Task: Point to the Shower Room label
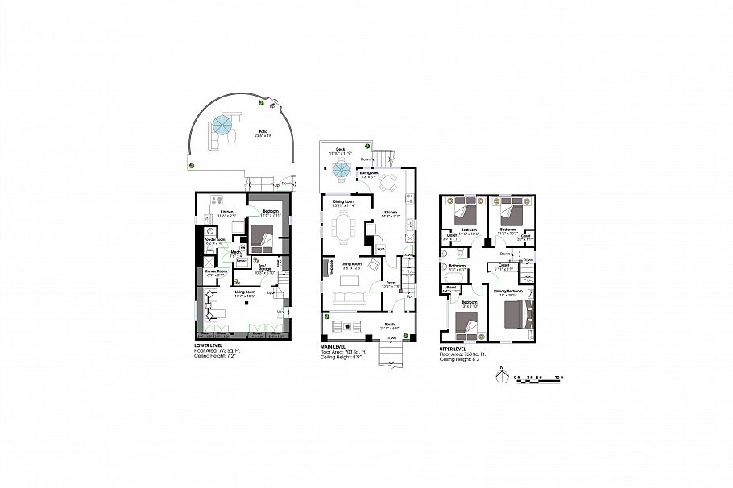[216, 271]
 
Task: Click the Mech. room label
[237, 254]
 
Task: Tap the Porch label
[389, 323]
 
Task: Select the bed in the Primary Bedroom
[516, 316]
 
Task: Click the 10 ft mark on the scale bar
[557, 378]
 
